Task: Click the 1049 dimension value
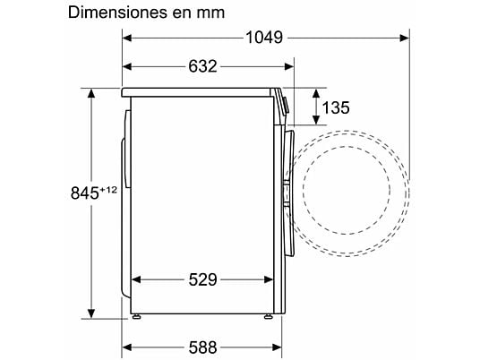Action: click(x=264, y=38)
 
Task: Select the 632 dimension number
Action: click(x=202, y=66)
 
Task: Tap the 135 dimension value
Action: click(x=336, y=107)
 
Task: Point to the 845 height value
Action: click(x=85, y=193)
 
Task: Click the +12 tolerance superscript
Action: click(x=108, y=190)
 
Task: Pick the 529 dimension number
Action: click(x=202, y=279)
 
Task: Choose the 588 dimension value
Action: click(x=202, y=347)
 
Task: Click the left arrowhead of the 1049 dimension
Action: click(x=127, y=38)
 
